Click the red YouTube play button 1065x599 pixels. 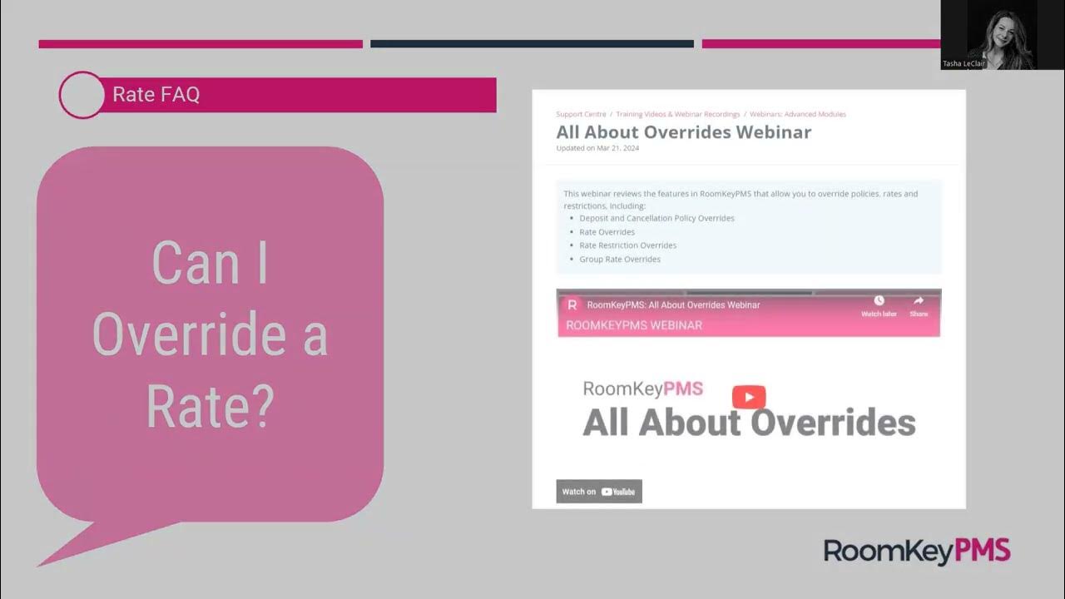tap(749, 397)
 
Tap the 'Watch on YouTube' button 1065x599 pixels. tap(599, 492)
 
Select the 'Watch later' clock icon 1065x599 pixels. tap(879, 300)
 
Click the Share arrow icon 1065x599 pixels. tap(919, 300)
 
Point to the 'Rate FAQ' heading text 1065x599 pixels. tap(156, 95)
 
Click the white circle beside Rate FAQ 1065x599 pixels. tap(82, 95)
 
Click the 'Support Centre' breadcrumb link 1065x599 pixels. tap(581, 114)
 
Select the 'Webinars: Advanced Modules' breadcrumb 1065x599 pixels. tap(797, 114)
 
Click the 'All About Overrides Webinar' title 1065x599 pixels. tap(683, 131)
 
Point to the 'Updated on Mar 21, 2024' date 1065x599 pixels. tap(597, 148)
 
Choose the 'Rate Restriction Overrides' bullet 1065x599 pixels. tap(627, 245)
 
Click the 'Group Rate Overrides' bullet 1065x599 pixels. tap(620, 259)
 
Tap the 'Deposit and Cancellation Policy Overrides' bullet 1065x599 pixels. tap(656, 218)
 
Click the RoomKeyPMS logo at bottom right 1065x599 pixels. tap(917, 551)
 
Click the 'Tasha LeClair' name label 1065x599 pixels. tap(963, 63)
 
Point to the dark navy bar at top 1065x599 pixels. tap(532, 44)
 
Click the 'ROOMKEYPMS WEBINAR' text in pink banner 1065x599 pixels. tap(634, 325)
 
